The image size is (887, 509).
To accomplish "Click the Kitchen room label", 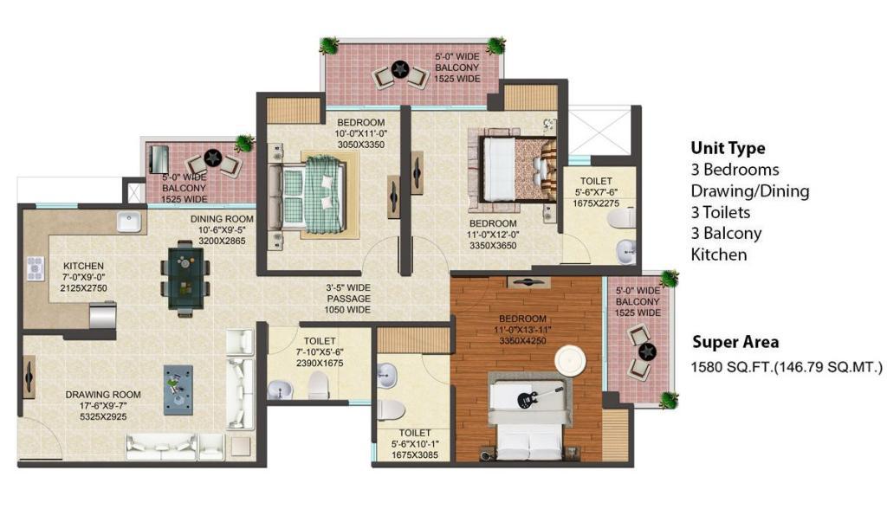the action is [83, 266].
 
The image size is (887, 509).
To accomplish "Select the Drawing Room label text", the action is [103, 395].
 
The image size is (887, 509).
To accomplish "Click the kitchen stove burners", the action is [35, 269].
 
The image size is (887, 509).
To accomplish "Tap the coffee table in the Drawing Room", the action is [178, 390].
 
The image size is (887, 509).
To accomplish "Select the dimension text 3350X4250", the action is [522, 341].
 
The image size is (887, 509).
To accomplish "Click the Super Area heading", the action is [735, 342].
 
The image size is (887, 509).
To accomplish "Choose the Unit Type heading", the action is [728, 148].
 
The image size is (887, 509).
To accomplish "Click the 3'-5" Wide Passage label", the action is [348, 299].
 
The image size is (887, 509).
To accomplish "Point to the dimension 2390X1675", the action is [320, 363].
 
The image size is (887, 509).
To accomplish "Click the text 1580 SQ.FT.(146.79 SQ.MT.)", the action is [787, 367].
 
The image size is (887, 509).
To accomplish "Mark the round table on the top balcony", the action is [400, 69].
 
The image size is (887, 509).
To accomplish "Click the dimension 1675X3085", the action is [415, 454].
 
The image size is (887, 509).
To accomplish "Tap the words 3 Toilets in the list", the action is [720, 213].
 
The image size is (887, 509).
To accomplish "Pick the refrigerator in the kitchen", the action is [103, 316].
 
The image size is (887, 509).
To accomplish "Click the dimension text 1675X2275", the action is [596, 203].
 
